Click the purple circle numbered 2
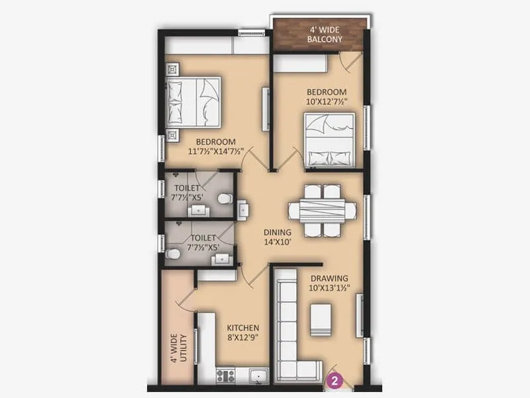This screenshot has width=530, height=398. pos(336,381)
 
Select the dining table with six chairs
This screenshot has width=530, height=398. pos(322,211)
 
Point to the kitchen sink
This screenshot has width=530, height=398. pos(258,376)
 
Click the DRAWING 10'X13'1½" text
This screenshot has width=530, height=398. pos(329,283)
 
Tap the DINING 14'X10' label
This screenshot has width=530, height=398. pos(277,237)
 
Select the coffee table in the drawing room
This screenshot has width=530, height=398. pos(321,320)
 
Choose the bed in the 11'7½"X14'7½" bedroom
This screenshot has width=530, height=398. pos(193,101)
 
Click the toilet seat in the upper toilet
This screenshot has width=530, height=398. pos(225,198)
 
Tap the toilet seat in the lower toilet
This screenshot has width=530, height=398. pos(172,254)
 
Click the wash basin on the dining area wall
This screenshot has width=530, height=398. pos(243,210)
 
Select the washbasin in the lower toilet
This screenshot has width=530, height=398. pos(221,258)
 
